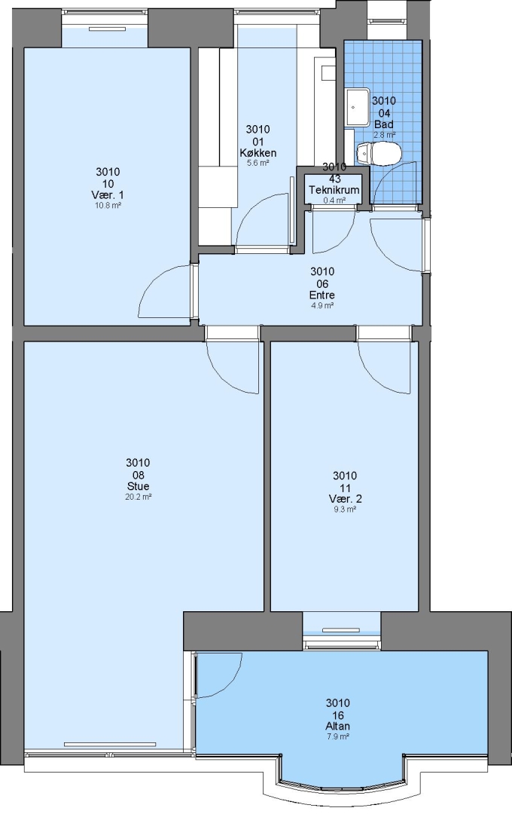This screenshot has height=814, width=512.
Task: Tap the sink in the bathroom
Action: point(357,108)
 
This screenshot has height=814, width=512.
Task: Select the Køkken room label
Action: point(258,153)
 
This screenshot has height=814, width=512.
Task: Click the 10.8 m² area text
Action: point(108,206)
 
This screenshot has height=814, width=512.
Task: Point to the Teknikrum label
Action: point(334,190)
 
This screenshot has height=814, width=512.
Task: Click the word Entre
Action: point(322,295)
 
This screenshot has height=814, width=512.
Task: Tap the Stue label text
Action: point(138,486)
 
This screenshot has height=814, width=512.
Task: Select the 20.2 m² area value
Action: point(138,497)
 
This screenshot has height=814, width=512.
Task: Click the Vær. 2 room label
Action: point(345,499)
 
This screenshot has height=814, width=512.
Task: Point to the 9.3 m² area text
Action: point(345,510)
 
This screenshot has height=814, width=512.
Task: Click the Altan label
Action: point(338,727)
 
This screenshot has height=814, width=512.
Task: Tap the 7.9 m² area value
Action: point(338,736)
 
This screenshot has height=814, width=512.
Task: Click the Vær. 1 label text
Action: point(108,195)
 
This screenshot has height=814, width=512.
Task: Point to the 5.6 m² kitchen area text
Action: point(258,163)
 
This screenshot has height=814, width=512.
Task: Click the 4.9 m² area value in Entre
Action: point(322,305)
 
